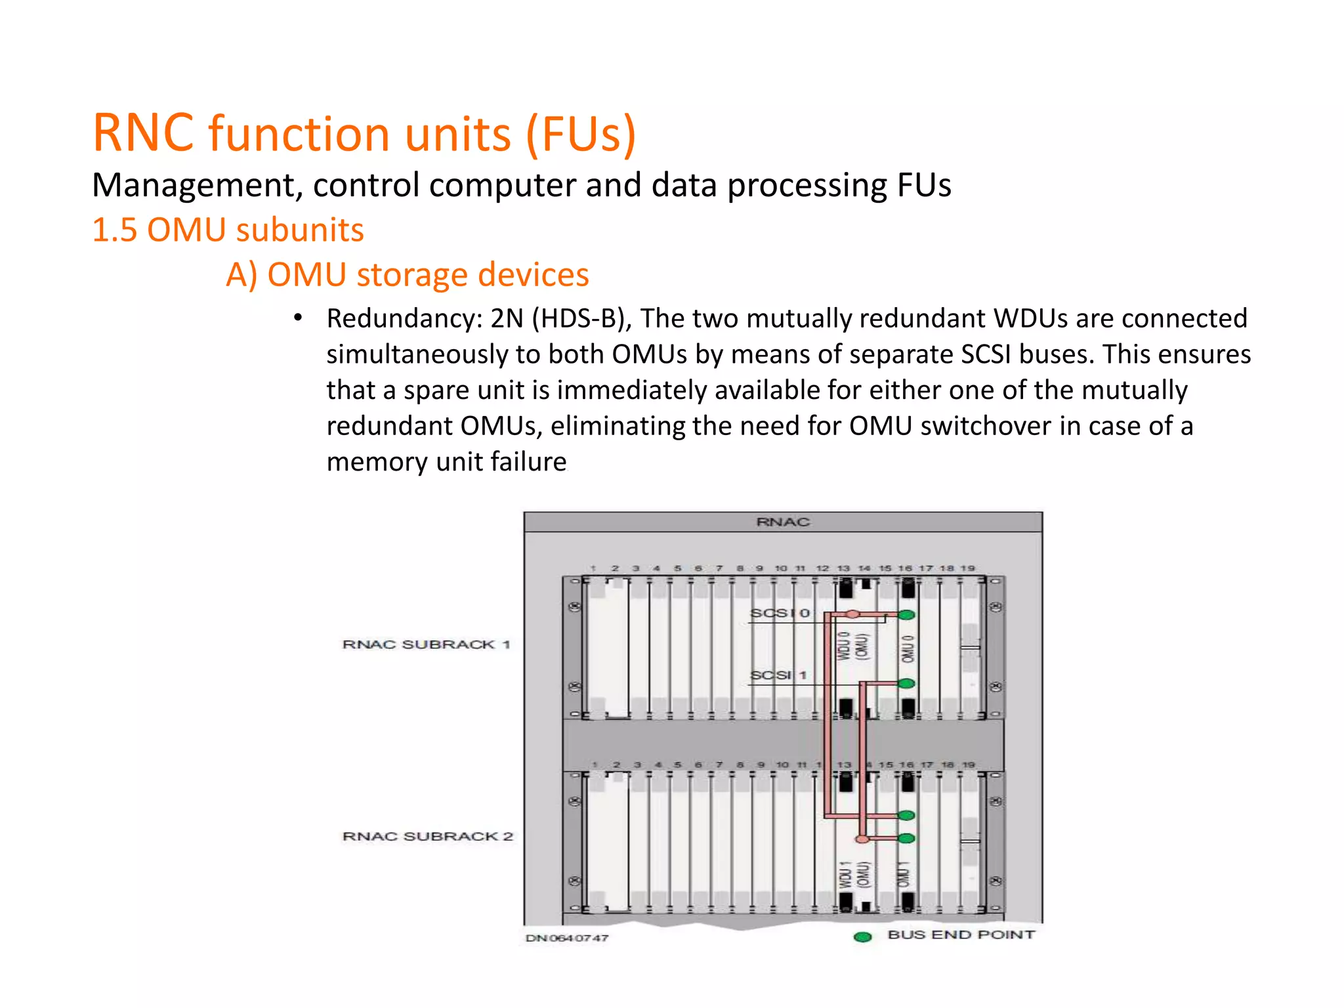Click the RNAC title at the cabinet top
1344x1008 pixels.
pyautogui.click(x=783, y=522)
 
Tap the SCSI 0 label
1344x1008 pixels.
pyautogui.click(x=780, y=613)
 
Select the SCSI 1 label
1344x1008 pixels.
pyautogui.click(x=778, y=675)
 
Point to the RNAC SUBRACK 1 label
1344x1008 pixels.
pyautogui.click(x=426, y=644)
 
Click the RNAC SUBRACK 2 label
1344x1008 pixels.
pyautogui.click(x=427, y=836)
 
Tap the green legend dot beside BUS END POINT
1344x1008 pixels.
pyautogui.click(x=862, y=936)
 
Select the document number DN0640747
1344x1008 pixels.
pyautogui.click(x=567, y=938)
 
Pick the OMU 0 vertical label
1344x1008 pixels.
pyautogui.click(x=907, y=648)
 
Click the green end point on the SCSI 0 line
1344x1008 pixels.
pyautogui.click(x=906, y=615)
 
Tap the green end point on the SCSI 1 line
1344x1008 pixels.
pyautogui.click(x=906, y=684)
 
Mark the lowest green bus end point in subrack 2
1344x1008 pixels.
pyautogui.click(x=906, y=838)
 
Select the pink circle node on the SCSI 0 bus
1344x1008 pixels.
pyautogui.click(x=852, y=614)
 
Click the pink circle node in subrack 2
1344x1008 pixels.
pyautogui.click(x=862, y=839)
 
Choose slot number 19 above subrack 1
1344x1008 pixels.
pyautogui.click(x=968, y=568)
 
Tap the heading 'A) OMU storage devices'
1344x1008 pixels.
pyautogui.click(x=407, y=274)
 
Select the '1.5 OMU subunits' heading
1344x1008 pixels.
pyautogui.click(x=228, y=230)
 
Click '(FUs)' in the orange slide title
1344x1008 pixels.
pyautogui.click(x=580, y=133)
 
